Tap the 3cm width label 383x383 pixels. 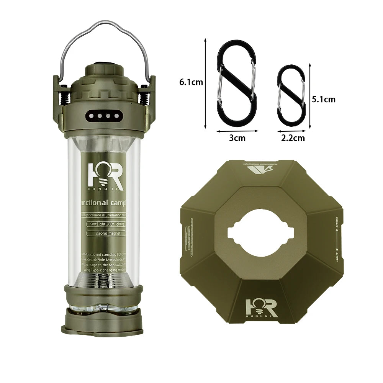tap(237, 138)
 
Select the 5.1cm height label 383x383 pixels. tap(324, 99)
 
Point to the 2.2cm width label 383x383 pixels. tap(293, 138)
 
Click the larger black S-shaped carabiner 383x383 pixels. tap(237, 83)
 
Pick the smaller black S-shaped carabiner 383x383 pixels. tap(291, 94)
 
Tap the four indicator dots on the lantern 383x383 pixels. tap(104, 115)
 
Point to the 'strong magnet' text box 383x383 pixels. tap(104, 233)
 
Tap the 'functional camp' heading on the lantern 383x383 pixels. tap(103, 202)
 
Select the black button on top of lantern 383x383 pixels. tap(104, 63)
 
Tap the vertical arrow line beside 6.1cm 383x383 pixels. tap(206, 82)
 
